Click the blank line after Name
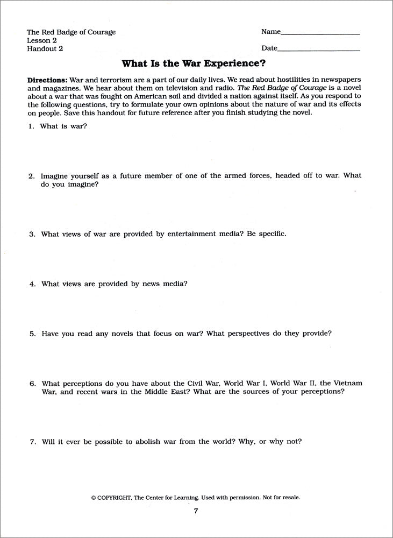coord(320,33)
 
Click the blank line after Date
coord(319,49)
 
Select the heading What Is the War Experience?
coord(194,63)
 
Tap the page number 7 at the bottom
coord(196,511)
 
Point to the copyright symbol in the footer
coord(94,498)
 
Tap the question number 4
coord(32,284)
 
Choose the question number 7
coord(32,442)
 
